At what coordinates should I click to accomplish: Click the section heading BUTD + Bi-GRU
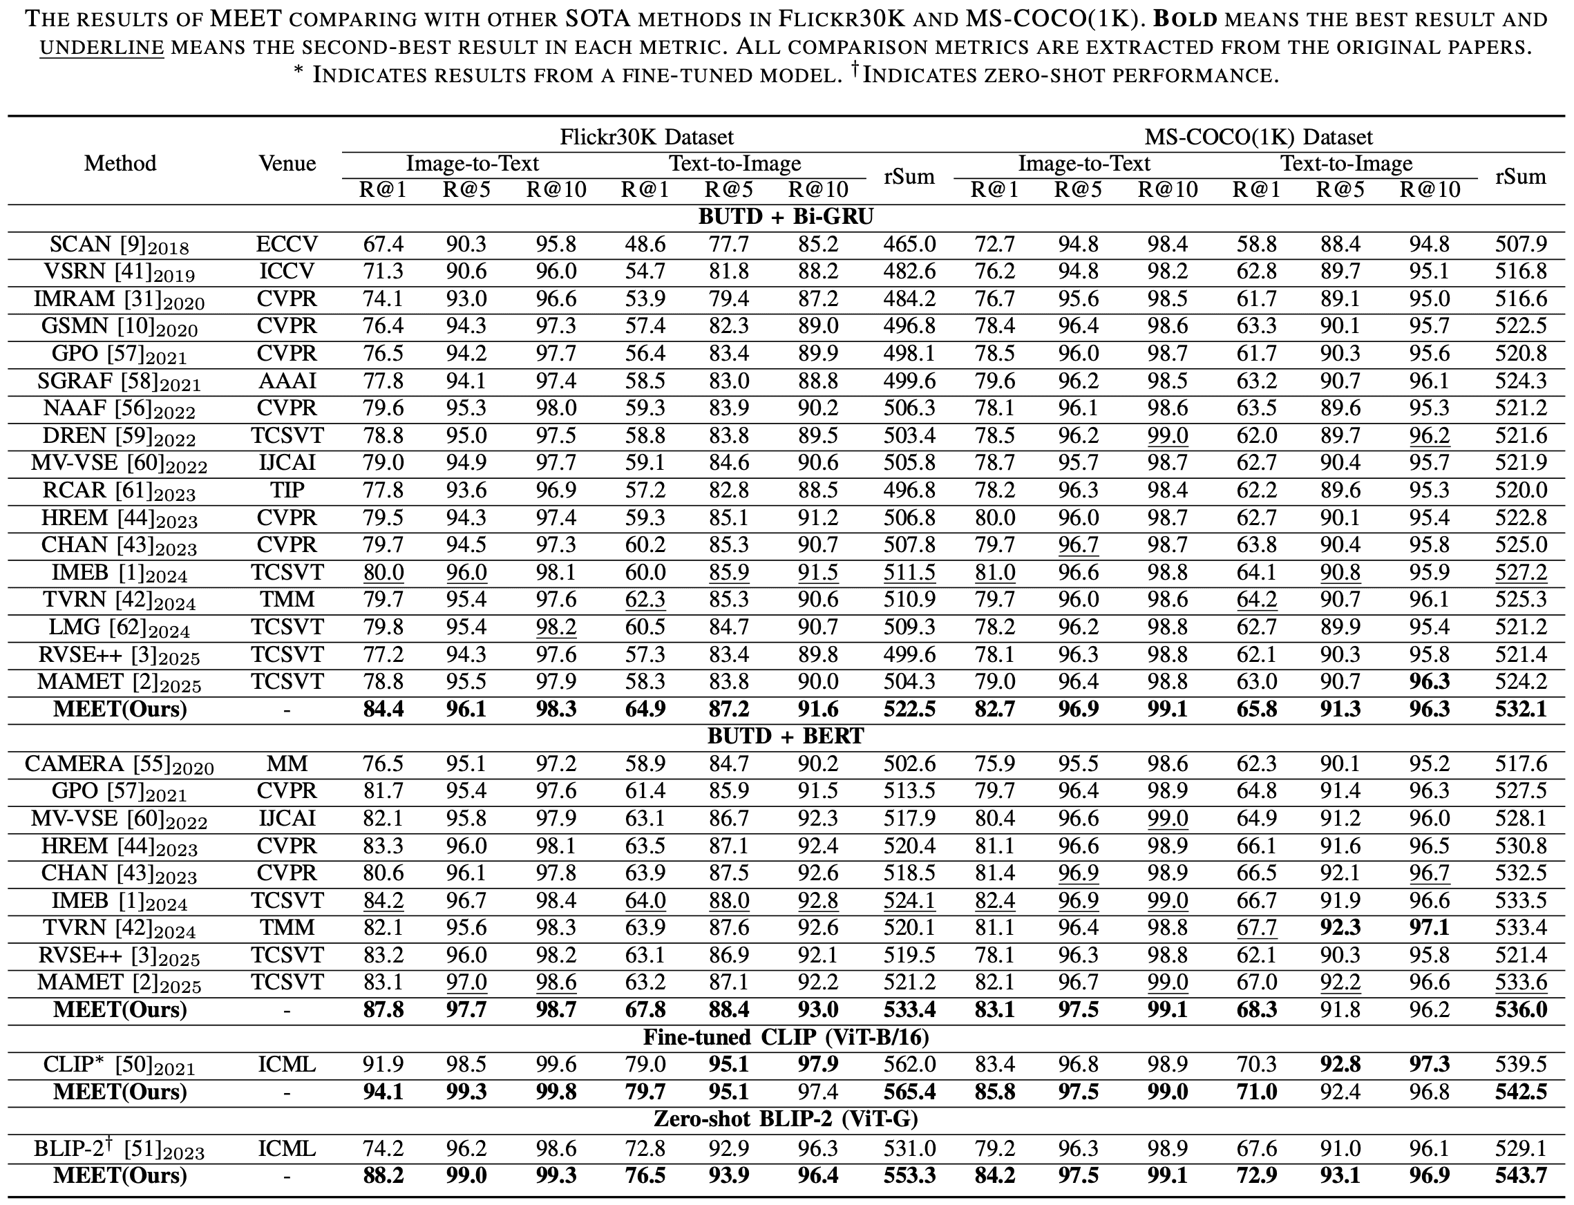(x=786, y=217)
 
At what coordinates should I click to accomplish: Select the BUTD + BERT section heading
(x=786, y=736)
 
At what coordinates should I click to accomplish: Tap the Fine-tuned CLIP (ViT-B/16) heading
(x=786, y=1037)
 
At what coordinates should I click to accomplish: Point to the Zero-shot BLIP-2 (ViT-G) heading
(x=786, y=1119)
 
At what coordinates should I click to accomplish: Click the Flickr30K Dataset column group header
(x=646, y=136)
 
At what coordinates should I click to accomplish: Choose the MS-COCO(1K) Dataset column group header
(x=1258, y=136)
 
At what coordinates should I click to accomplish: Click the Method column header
(x=120, y=164)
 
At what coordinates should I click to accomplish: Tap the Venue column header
(x=287, y=164)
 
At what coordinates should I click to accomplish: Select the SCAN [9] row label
(x=119, y=245)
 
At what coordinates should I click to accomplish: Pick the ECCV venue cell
(x=287, y=245)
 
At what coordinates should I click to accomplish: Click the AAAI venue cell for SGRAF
(x=287, y=381)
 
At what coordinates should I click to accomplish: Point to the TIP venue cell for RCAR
(x=287, y=490)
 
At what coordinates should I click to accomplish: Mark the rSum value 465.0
(x=909, y=245)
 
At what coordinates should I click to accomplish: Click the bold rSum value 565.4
(x=909, y=1092)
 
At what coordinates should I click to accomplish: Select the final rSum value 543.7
(x=1520, y=1175)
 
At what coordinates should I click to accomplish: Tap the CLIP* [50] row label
(x=119, y=1065)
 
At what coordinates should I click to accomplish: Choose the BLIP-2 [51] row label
(x=119, y=1148)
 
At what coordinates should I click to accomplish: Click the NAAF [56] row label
(x=119, y=409)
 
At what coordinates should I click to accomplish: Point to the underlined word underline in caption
(x=102, y=48)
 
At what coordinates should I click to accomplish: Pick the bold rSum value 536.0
(x=1520, y=1010)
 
